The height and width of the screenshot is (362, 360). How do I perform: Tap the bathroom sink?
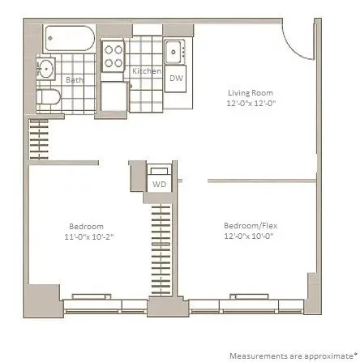pos(47,70)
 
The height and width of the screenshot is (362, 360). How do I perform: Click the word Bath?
pos(73,79)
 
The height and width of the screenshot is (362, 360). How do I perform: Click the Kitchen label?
pos(146,71)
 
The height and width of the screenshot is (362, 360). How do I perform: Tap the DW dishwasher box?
pos(176,77)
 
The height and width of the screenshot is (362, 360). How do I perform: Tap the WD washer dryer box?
pos(160,184)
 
